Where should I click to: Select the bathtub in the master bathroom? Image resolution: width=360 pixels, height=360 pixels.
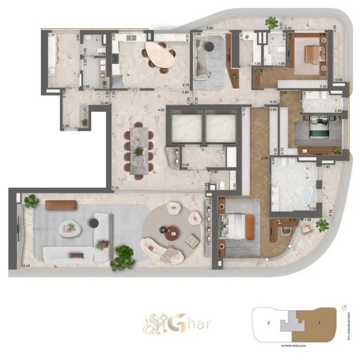307,197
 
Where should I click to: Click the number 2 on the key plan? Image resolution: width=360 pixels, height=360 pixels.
268,323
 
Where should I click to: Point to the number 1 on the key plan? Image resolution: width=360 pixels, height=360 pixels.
319,323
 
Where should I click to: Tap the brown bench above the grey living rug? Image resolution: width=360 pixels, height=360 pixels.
61,205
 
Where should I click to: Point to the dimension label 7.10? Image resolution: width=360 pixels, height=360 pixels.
115,188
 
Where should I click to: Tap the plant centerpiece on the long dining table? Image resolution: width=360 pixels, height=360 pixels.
139,151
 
